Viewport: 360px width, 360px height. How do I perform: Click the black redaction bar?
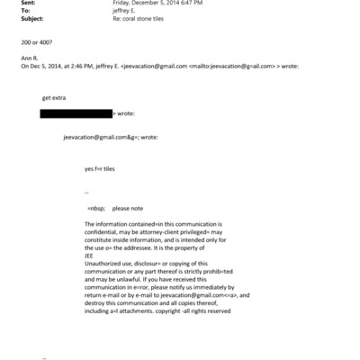pyautogui.click(x=76, y=113)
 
